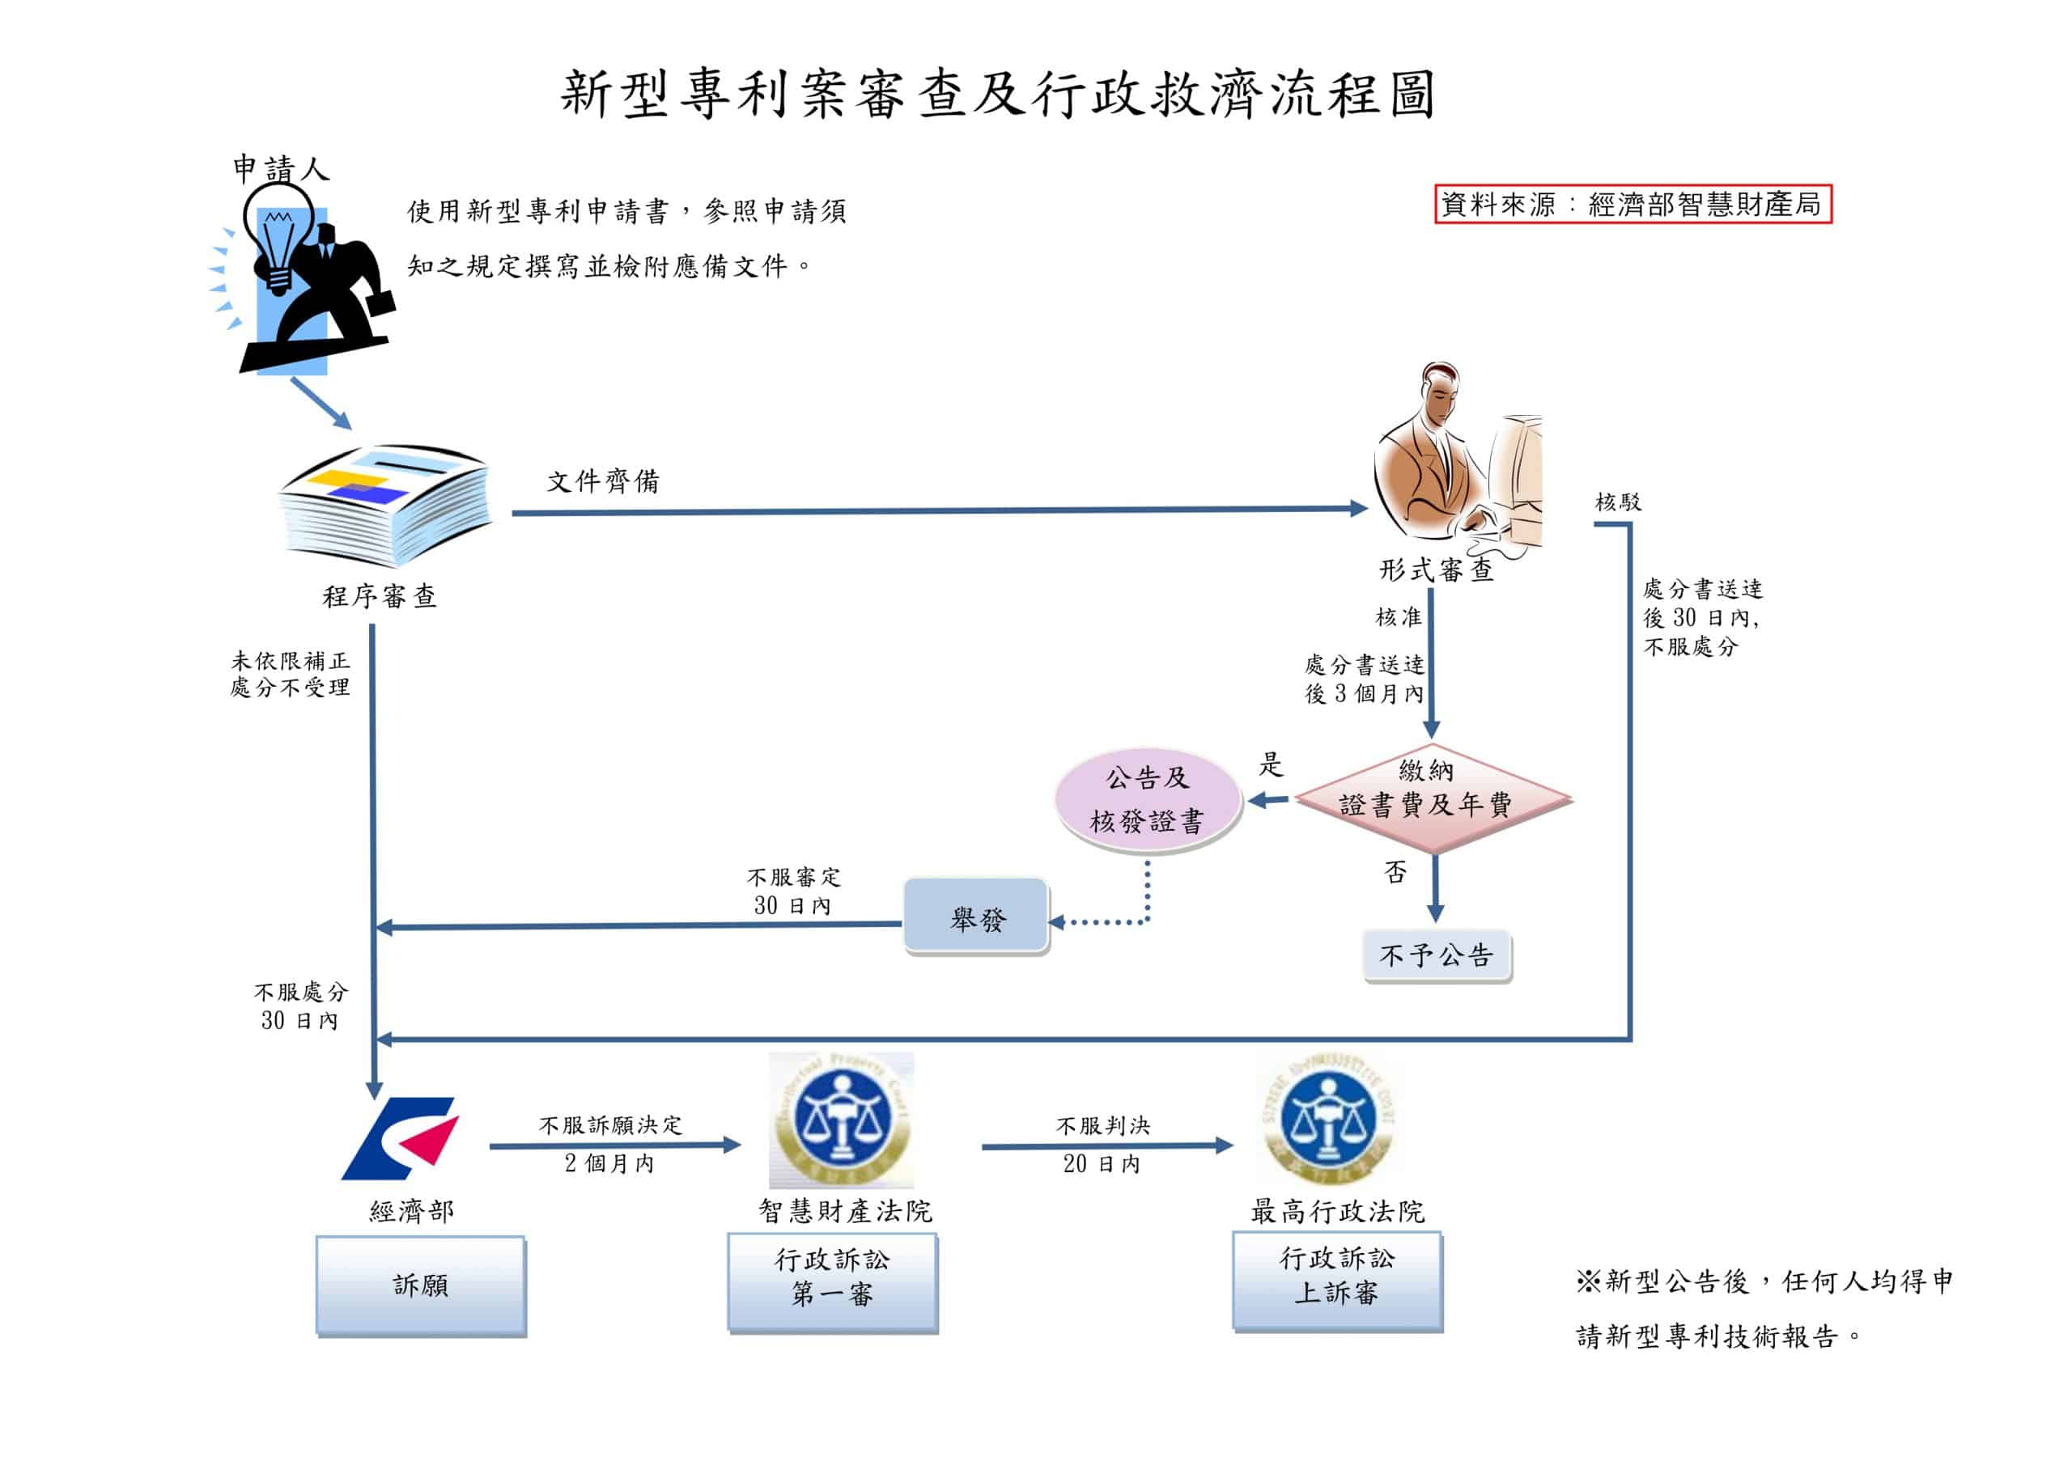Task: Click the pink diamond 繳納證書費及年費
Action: pos(1433,798)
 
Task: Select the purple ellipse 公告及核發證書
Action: pos(1148,800)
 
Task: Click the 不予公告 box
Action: pos(1437,955)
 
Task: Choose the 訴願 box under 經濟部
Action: pos(421,1285)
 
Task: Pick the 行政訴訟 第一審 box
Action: pos(833,1283)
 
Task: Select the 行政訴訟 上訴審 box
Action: pos(1337,1281)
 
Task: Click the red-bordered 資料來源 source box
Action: pos(1633,204)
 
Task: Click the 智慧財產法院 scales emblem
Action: pos(841,1120)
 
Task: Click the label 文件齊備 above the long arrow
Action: pos(603,481)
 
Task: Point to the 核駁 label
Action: pos(1618,502)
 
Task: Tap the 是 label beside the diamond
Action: pos(1271,764)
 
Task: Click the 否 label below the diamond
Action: pos(1395,871)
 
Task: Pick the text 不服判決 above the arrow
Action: pos(1103,1125)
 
